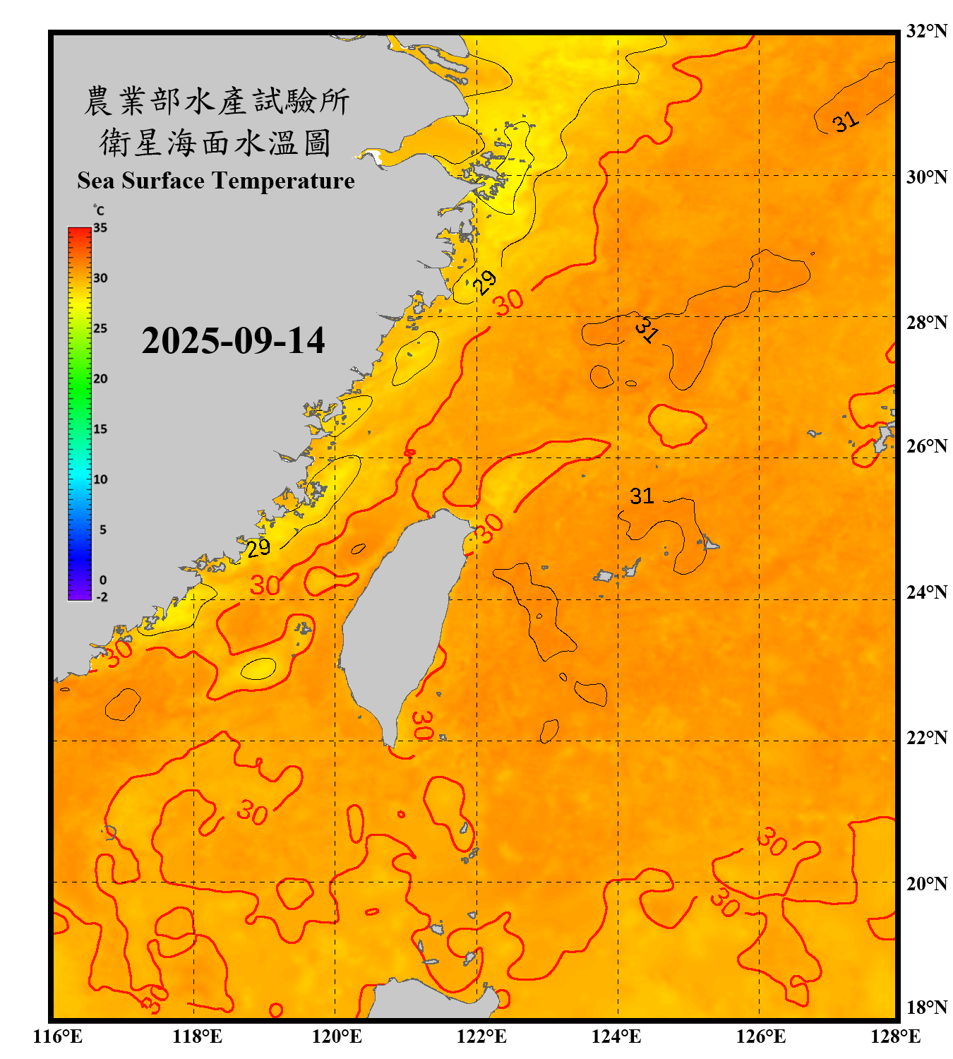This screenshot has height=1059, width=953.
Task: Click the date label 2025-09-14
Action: pos(233,341)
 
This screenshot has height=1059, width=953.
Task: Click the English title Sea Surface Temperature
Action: pos(216,181)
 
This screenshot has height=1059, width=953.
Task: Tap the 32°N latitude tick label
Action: pos(926,31)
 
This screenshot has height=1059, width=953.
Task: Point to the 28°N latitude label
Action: pos(926,323)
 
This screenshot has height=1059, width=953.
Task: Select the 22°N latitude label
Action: pos(926,738)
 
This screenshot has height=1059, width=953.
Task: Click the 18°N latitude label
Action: pos(926,1007)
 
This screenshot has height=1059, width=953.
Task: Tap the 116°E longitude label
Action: pos(58,1036)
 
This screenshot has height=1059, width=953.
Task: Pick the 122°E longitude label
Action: pos(481,1036)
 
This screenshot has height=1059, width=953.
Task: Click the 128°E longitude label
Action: pos(895,1036)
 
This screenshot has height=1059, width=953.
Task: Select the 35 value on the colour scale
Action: pos(100,228)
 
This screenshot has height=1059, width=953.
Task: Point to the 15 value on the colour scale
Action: pos(100,429)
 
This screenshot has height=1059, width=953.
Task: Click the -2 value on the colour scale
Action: pos(102,597)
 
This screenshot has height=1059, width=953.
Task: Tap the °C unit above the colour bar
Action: pos(99,210)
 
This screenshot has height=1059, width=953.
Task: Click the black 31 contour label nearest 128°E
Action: pos(846,121)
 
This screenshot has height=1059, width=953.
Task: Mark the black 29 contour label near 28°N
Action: pos(484,282)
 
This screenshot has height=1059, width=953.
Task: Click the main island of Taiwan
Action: pos(402,621)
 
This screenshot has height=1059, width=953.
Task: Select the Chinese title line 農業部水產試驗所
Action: pos(216,101)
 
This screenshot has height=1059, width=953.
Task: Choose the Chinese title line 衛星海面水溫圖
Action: pos(216,143)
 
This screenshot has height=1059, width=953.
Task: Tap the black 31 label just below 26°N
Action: pos(642,496)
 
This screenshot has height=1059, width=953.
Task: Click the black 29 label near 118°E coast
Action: pos(258,548)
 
